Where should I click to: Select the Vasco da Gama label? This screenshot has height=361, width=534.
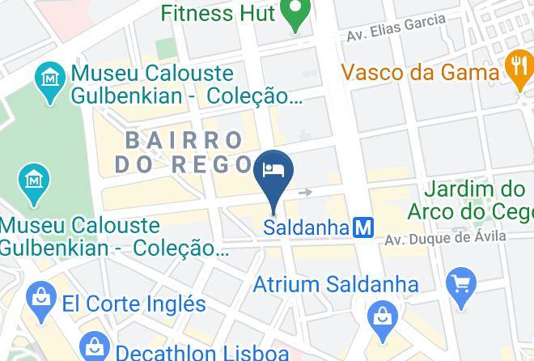tap(420, 71)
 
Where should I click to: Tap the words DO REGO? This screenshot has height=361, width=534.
tap(184, 164)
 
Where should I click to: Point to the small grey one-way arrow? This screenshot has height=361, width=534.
tap(305, 193)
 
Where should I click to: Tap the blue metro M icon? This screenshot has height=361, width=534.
tap(363, 227)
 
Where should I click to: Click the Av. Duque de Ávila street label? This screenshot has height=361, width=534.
tap(445, 238)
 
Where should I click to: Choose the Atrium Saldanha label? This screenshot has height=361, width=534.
tap(335, 284)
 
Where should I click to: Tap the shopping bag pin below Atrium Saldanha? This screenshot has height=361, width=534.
tap(380, 318)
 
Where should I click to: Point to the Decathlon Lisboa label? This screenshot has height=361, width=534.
tap(202, 352)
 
